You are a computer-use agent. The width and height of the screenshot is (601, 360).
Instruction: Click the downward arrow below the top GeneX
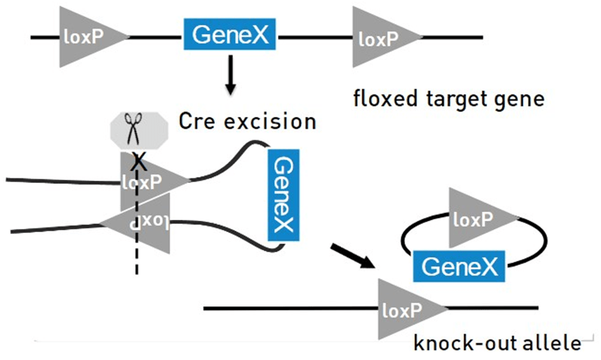coord(231,79)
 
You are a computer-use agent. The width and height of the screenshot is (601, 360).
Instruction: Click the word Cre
coord(197,121)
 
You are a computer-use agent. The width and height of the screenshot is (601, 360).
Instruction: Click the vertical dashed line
coord(137,250)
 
